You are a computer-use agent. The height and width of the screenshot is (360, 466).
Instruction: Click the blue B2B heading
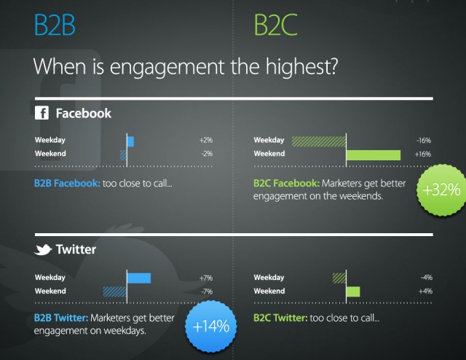pos(55,26)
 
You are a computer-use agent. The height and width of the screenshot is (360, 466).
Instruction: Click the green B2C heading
pos(275,26)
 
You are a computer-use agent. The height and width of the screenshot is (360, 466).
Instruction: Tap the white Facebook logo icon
pos(42,113)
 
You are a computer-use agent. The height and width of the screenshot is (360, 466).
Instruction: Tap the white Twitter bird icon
pos(43,250)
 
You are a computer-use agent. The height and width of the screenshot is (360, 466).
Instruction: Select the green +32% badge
pos(441,189)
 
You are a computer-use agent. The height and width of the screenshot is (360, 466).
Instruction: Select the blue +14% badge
pos(211,326)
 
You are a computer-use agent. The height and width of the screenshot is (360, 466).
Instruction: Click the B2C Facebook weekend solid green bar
pos(374,155)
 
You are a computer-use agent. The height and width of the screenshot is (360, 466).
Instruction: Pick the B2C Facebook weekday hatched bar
pos(319,141)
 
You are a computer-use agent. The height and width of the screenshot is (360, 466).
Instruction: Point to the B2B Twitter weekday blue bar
pos(139,278)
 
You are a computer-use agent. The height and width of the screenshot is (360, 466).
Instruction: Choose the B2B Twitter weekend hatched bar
pos(115,292)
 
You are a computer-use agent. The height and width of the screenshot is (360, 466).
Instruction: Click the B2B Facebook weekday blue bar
pos(130,141)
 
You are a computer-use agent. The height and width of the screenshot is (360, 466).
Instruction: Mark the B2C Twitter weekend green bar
pos(353,292)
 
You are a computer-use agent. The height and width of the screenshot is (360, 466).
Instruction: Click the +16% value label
pos(422,154)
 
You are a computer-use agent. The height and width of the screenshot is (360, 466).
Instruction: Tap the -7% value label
pos(207,291)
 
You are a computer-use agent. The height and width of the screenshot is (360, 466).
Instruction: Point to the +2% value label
pos(206,140)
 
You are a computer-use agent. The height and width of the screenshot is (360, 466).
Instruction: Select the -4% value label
pos(427,278)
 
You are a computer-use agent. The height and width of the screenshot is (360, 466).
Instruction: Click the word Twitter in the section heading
pos(76,249)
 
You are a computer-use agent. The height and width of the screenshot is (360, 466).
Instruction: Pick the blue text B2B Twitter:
pos(61,318)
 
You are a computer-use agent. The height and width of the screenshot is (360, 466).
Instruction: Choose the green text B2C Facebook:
pos(286,183)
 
